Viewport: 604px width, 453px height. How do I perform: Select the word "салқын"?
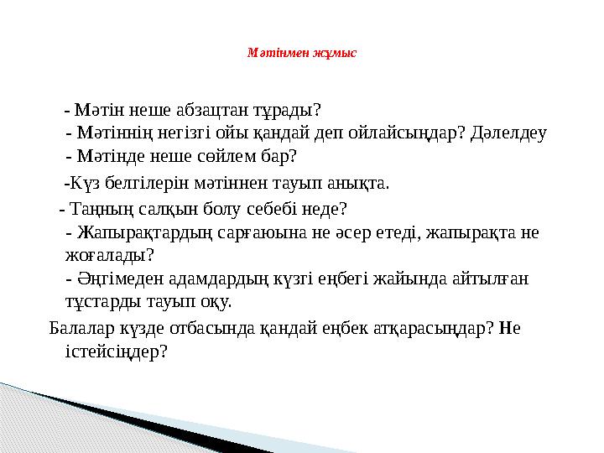(x=174, y=208)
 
